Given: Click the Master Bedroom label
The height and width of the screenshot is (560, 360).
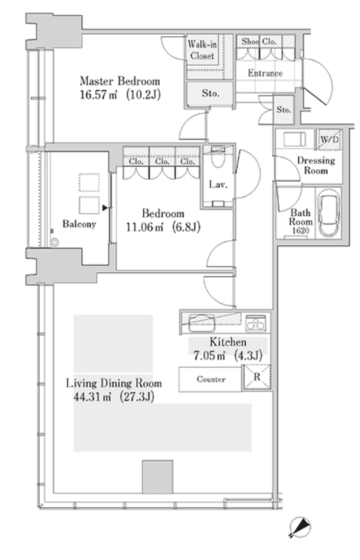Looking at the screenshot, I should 120,81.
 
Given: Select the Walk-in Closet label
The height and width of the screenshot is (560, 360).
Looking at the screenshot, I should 202,50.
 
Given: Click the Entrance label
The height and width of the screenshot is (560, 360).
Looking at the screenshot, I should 265,73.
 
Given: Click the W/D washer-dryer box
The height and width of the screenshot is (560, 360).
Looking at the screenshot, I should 329,139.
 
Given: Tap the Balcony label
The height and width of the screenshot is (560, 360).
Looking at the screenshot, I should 79,224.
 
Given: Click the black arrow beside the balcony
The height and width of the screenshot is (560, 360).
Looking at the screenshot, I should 105,208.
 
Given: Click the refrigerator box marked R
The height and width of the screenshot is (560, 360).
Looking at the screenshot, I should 257,377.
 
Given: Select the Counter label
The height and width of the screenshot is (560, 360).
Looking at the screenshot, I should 211,379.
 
